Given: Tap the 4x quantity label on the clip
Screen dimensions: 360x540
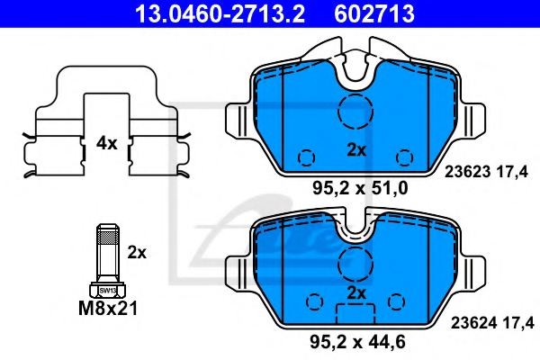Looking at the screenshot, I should click(107, 141).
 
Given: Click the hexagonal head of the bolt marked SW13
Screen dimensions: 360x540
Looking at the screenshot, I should click(107, 291).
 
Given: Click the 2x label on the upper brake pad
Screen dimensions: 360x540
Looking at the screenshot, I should click(357, 151).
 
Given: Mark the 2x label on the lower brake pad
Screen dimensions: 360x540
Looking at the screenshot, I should click(357, 293).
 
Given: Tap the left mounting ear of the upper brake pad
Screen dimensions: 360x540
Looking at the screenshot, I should click(237, 121).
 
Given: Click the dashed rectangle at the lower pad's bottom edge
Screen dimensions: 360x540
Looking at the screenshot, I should click(355, 313).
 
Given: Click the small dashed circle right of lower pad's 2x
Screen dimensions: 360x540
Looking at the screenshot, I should click(396, 300).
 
